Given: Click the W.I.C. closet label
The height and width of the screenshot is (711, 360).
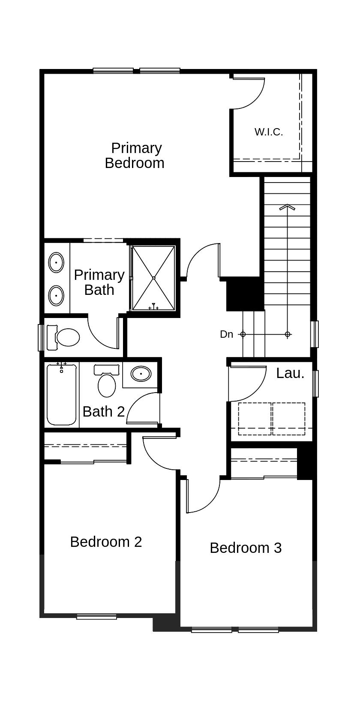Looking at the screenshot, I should pyautogui.click(x=269, y=132).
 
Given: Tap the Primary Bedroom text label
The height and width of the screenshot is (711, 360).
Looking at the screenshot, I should pyautogui.click(x=135, y=156).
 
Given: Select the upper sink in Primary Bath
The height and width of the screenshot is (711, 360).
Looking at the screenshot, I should pyautogui.click(x=56, y=263).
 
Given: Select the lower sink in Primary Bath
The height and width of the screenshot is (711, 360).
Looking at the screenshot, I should pyautogui.click(x=56, y=295).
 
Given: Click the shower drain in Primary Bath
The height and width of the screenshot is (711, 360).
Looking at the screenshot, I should pyautogui.click(x=153, y=278).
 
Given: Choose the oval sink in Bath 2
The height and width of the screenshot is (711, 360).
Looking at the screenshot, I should pyautogui.click(x=141, y=374).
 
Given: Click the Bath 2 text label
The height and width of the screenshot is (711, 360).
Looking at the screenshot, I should pyautogui.click(x=103, y=411).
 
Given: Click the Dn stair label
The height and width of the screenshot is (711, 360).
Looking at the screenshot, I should pyautogui.click(x=226, y=334).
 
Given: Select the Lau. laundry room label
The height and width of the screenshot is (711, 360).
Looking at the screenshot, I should pyautogui.click(x=290, y=373).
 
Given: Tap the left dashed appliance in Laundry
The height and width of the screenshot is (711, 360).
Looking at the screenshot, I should pyautogui.click(x=255, y=419).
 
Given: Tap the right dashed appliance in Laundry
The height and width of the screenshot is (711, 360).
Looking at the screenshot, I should pyautogui.click(x=289, y=419).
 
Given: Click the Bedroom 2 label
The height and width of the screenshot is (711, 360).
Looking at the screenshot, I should pyautogui.click(x=106, y=542).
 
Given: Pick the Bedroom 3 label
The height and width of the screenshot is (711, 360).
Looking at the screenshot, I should pyautogui.click(x=246, y=548).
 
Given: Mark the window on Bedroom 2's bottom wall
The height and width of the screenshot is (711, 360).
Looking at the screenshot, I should pyautogui.click(x=96, y=617).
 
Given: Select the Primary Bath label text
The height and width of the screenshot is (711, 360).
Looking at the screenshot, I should pyautogui.click(x=99, y=282).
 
